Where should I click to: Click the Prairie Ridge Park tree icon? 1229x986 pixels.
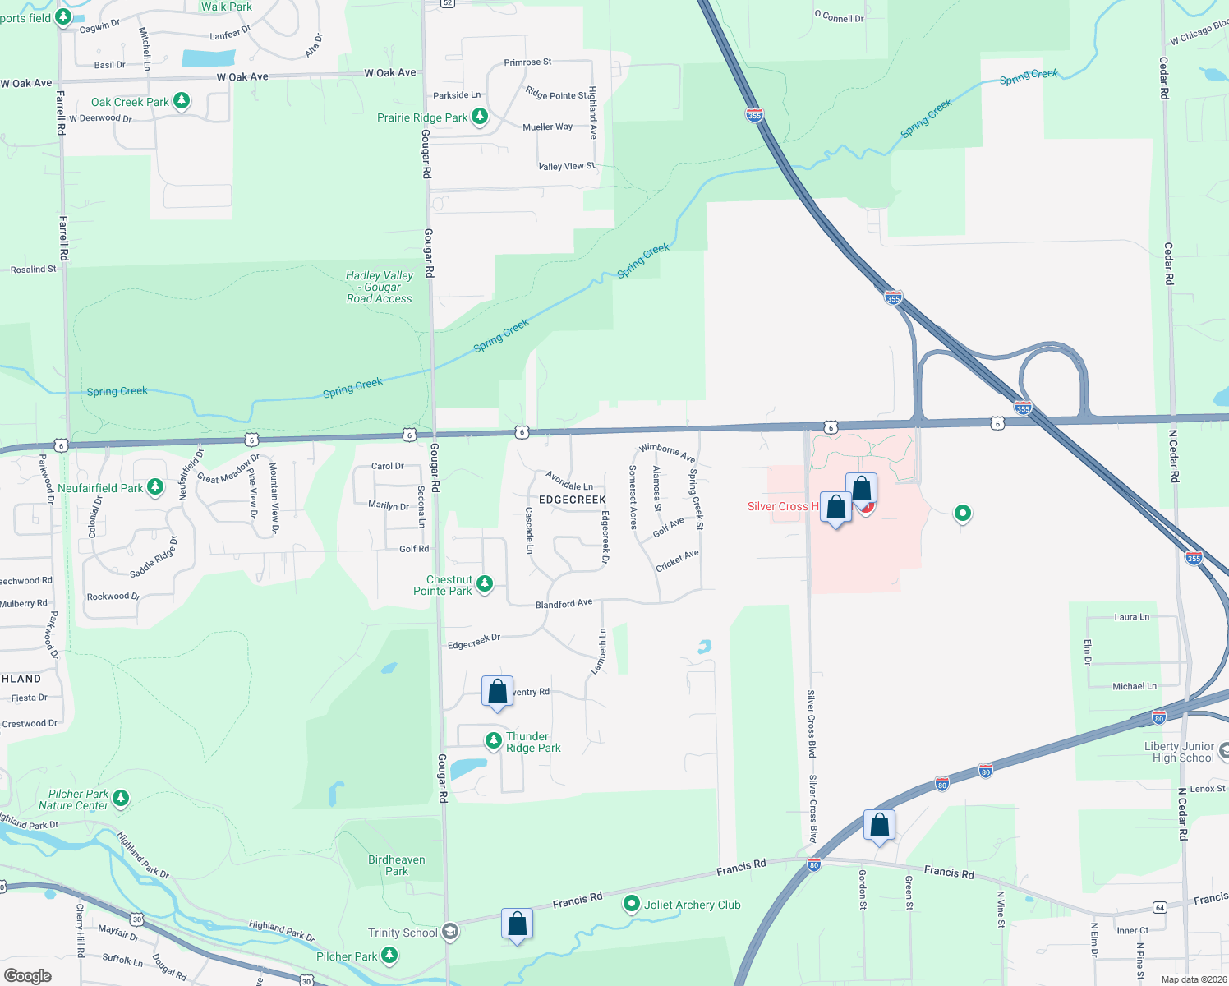pyautogui.click(x=480, y=117)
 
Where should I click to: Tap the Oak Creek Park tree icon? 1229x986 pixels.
pyautogui.click(x=182, y=101)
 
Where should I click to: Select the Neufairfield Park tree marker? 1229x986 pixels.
pyautogui.click(x=154, y=487)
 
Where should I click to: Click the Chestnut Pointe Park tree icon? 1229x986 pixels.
pyautogui.click(x=485, y=583)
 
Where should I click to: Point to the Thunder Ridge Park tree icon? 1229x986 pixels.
pyautogui.click(x=493, y=740)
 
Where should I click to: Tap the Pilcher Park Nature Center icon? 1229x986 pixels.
pyautogui.click(x=121, y=797)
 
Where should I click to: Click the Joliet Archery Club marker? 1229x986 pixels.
pyautogui.click(x=631, y=904)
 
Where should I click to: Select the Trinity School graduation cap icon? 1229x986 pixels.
pyautogui.click(x=449, y=932)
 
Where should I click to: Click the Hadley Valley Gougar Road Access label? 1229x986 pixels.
pyautogui.click(x=380, y=287)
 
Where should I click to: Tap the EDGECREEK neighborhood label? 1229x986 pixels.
pyautogui.click(x=573, y=500)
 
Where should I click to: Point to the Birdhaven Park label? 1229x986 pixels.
pyautogui.click(x=397, y=865)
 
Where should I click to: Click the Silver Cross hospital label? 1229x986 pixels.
pyautogui.click(x=782, y=506)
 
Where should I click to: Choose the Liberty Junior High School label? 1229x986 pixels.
pyautogui.click(x=1179, y=752)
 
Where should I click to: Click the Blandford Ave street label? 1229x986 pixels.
pyautogui.click(x=564, y=604)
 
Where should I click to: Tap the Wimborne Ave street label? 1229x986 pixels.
pyautogui.click(x=667, y=452)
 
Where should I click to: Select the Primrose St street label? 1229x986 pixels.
pyautogui.click(x=527, y=62)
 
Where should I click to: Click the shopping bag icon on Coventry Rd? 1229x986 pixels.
pyautogui.click(x=497, y=692)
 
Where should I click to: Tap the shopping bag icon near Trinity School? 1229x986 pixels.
pyautogui.click(x=517, y=924)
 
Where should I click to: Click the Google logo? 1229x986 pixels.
pyautogui.click(x=28, y=975)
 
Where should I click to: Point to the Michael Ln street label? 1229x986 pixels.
pyautogui.click(x=1134, y=686)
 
